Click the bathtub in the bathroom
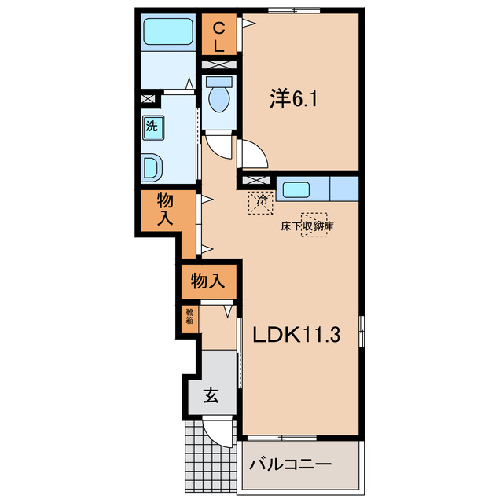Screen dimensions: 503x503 (x=167, y=31)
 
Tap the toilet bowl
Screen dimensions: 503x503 (x=219, y=99)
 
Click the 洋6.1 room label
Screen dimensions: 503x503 (x=293, y=98)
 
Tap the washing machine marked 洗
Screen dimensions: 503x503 (x=153, y=127)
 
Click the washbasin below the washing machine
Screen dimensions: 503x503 (x=152, y=167)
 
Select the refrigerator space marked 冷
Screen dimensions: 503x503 (x=261, y=203)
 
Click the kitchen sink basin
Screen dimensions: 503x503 (x=296, y=189)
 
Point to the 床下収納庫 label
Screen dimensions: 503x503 (x=307, y=226)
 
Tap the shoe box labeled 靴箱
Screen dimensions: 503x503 (x=189, y=315)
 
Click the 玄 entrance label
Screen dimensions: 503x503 (x=211, y=395)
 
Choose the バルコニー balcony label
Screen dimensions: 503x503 (x=290, y=464)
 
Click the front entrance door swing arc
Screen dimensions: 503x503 (x=214, y=438)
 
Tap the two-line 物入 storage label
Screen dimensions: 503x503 (x=165, y=209)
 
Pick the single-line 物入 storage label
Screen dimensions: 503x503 (x=207, y=281)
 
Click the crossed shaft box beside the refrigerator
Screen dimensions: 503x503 (x=255, y=180)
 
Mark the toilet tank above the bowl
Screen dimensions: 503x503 (x=218, y=82)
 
